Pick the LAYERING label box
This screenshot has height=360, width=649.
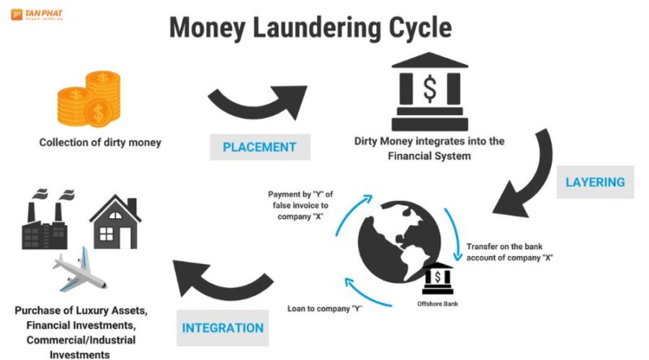[x=596, y=182]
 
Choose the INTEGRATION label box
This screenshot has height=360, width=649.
[x=222, y=328]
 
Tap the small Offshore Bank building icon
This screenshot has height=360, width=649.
[x=440, y=278]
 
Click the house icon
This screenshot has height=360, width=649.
[x=115, y=220]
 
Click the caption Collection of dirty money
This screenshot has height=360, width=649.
[x=101, y=143]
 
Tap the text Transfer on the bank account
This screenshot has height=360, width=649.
[x=510, y=251]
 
